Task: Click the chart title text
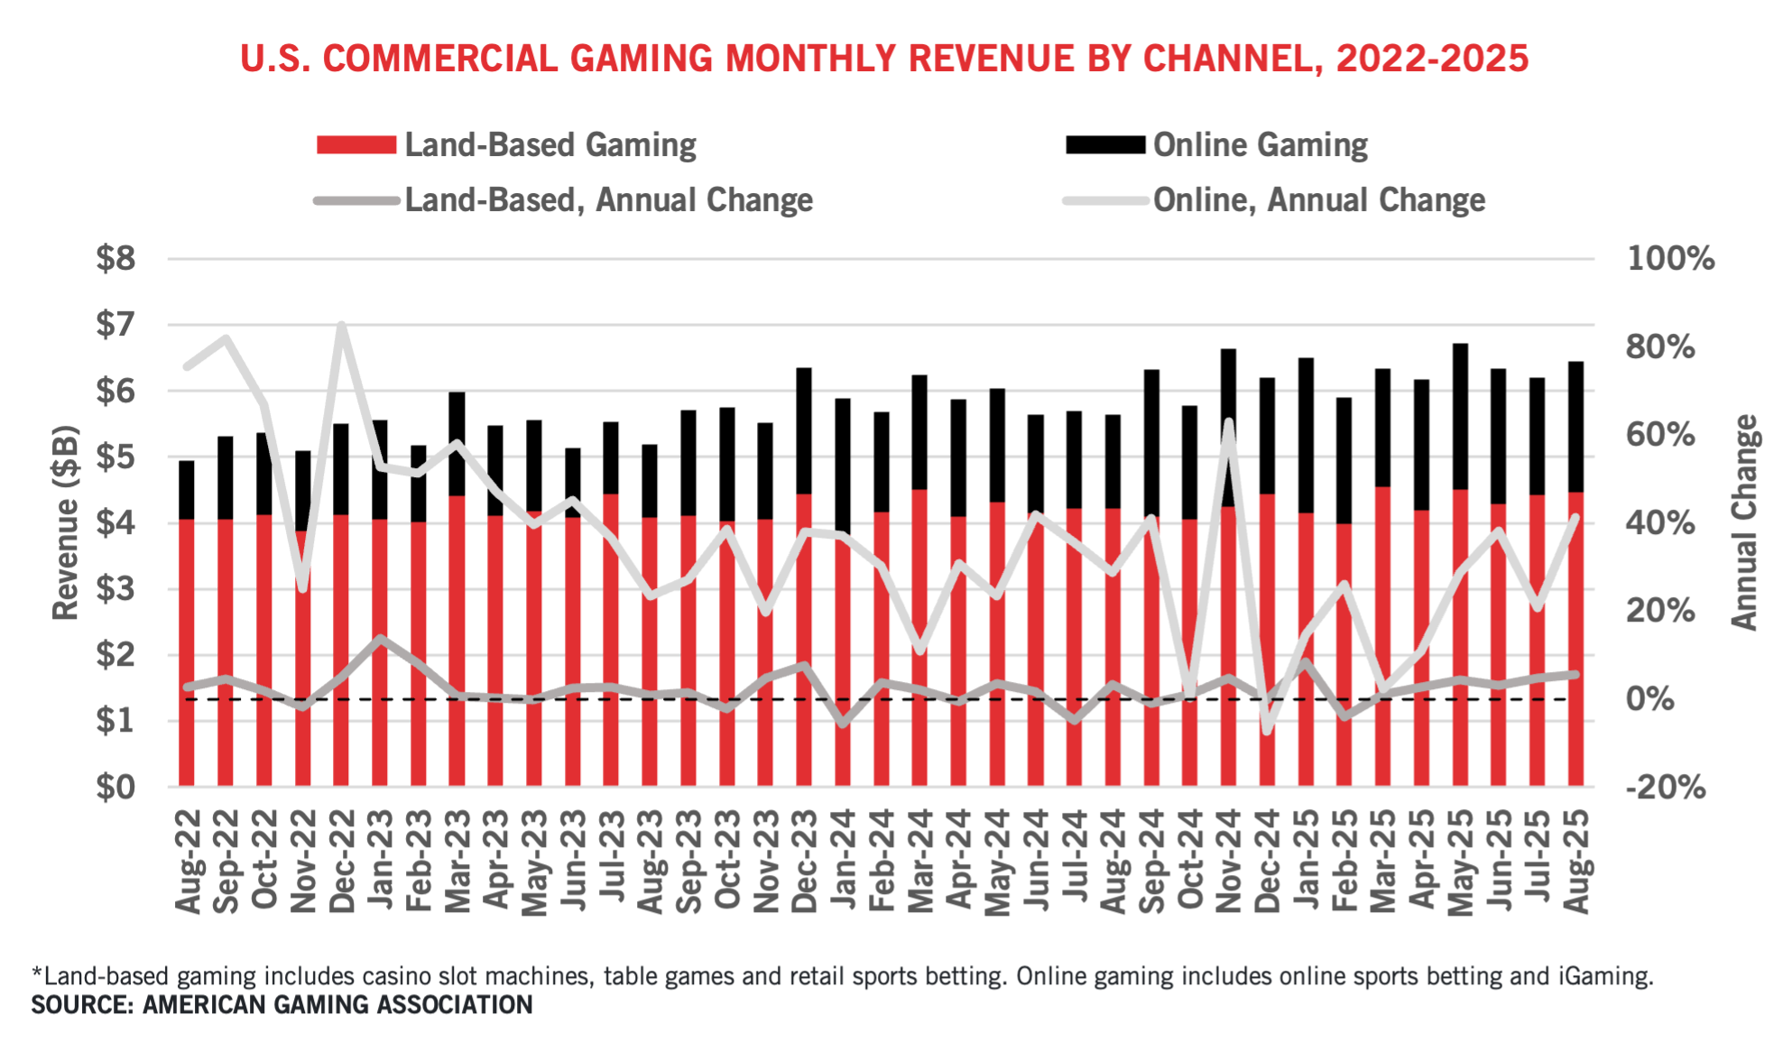(x=884, y=59)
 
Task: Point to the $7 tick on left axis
(x=115, y=325)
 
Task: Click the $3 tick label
(x=115, y=589)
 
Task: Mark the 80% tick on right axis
(x=1659, y=347)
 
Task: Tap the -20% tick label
(x=1665, y=788)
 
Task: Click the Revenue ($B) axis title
(x=66, y=523)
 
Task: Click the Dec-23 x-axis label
(x=804, y=862)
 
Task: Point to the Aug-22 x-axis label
(x=188, y=862)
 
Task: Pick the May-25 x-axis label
(x=1460, y=862)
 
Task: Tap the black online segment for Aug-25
(x=1575, y=424)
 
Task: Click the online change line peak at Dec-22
(x=341, y=326)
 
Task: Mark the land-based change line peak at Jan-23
(x=380, y=639)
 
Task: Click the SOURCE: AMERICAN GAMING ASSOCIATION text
(x=282, y=1005)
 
